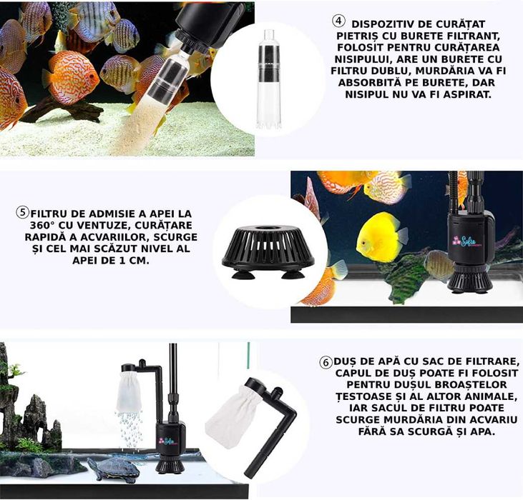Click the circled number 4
[338, 21]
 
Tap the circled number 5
[23, 213]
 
